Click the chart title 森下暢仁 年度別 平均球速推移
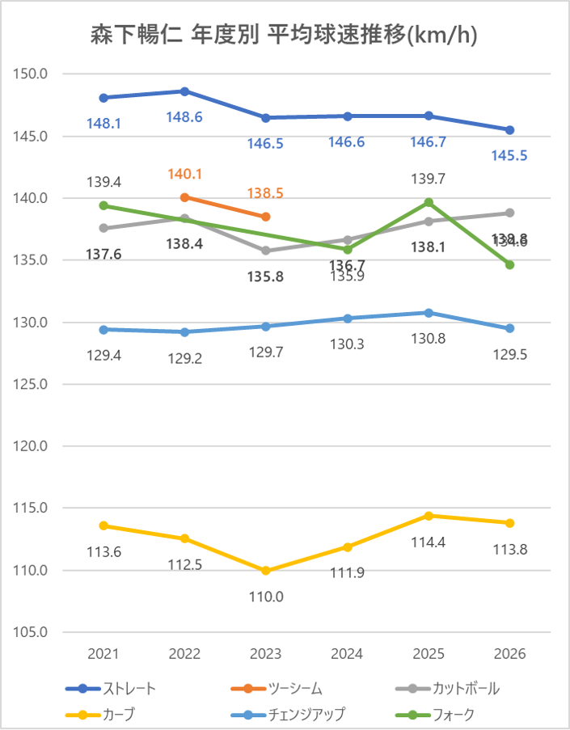point(285,36)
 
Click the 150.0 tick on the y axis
point(32,74)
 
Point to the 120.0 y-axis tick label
point(32,446)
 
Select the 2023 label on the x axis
point(266,654)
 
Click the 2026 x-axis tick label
point(509,654)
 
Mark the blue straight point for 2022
point(185,91)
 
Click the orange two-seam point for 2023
point(266,217)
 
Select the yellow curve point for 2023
point(266,571)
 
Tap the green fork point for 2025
point(429,202)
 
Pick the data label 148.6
point(184,117)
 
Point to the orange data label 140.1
point(184,174)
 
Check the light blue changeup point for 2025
point(429,313)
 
